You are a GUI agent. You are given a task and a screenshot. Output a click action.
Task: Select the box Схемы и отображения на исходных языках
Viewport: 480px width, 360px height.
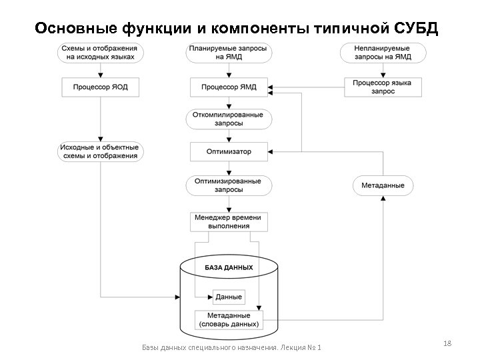(x=100, y=53)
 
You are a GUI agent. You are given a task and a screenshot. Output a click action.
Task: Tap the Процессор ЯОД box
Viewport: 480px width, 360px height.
(x=100, y=87)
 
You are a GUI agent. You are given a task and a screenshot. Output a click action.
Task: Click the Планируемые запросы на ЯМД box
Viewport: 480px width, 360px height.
(x=229, y=53)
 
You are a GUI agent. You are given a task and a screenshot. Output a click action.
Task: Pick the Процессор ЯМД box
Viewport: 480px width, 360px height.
(x=229, y=87)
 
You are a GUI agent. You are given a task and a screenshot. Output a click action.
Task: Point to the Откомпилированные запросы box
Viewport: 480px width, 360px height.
(x=229, y=119)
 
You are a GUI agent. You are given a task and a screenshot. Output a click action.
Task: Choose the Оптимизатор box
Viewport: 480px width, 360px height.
(x=229, y=151)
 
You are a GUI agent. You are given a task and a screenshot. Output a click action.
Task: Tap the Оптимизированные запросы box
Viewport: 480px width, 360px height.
(x=229, y=185)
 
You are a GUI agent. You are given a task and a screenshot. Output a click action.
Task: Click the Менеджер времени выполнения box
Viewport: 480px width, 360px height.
(x=229, y=221)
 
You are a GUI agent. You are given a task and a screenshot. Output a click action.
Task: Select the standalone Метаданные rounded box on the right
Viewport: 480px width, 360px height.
(x=383, y=185)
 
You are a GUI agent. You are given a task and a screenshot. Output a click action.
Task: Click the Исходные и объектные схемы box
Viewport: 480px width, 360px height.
(x=100, y=151)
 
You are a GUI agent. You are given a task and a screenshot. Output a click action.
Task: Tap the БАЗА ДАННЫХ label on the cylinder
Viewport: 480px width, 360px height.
(x=229, y=267)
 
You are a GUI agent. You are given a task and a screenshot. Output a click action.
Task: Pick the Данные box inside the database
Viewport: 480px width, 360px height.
(x=229, y=297)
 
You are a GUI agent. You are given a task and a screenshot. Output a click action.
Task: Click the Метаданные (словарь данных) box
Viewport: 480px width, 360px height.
(x=229, y=320)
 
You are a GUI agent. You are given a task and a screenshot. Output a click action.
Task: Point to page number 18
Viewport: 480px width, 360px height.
(x=447, y=343)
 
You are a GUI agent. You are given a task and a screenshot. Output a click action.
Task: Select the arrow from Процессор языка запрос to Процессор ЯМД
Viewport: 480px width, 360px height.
(x=307, y=87)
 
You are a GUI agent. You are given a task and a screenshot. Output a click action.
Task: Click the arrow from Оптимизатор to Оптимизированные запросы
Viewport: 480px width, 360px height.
(x=229, y=168)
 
